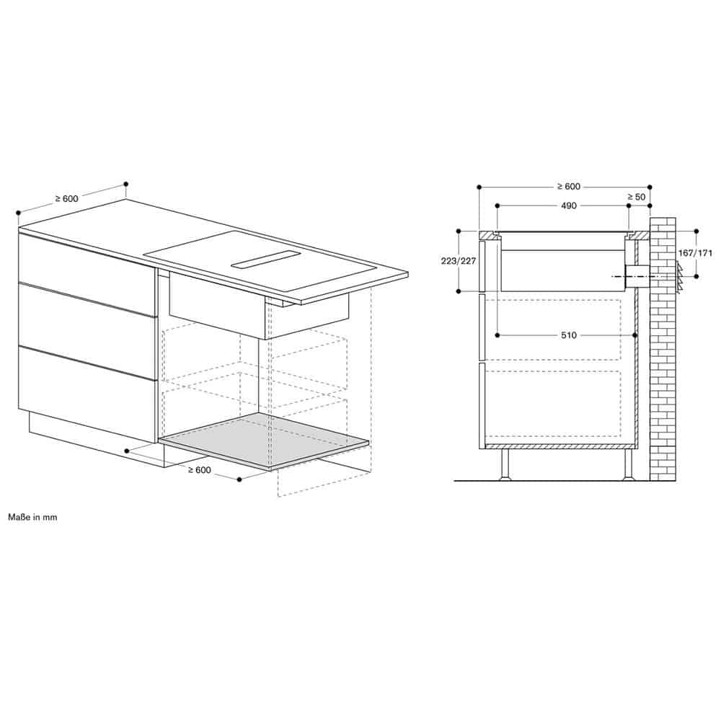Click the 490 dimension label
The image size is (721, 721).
click(568, 205)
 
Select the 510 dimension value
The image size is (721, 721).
click(568, 335)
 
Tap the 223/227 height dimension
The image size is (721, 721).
click(459, 261)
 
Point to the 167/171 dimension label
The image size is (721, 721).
click(695, 253)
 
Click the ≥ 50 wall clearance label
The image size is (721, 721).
click(637, 197)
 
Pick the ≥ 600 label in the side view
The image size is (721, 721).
click(569, 186)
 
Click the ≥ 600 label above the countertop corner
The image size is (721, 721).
click(67, 199)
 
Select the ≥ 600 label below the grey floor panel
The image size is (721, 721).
click(200, 470)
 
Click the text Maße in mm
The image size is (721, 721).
click(32, 517)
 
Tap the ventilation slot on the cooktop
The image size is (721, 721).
click(266, 260)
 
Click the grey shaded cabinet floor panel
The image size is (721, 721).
click(264, 441)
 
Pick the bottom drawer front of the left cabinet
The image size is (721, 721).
click(87, 394)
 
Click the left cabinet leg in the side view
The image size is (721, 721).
click(505, 464)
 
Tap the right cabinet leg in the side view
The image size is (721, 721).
click(629, 464)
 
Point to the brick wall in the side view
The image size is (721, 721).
click(663, 350)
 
